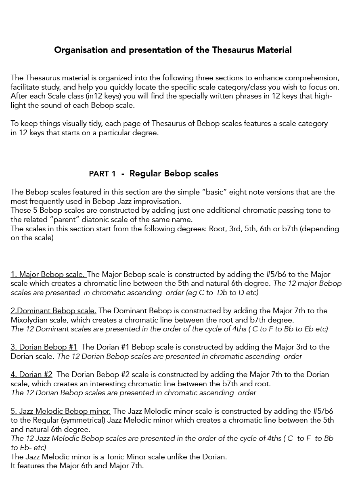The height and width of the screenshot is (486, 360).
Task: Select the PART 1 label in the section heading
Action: pos(102,174)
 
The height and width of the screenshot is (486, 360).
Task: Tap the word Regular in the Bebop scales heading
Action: pos(145,174)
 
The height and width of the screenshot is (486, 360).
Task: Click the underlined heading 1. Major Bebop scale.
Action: pos(48,274)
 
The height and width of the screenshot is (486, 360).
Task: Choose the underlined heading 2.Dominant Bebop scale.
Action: pos(53,311)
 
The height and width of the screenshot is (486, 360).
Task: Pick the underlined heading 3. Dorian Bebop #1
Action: pos(44,347)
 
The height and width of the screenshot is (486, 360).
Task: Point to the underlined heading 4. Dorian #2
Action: pos(31,375)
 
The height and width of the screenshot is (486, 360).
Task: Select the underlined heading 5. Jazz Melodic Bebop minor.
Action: pos(61,411)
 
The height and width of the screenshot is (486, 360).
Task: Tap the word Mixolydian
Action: pos(29,320)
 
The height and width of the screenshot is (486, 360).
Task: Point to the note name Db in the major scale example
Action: pos(222,293)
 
